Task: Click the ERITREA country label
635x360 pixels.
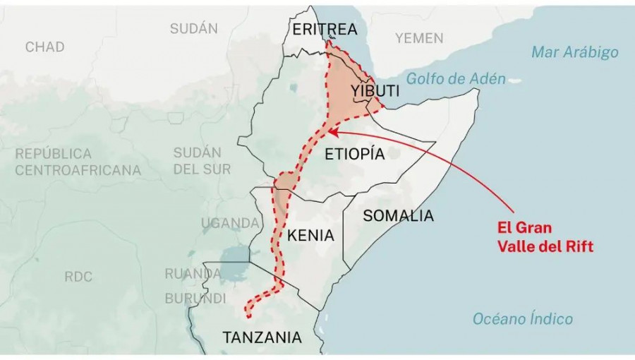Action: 325,29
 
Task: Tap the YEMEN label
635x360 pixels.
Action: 418,38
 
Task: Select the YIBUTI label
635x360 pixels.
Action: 375,91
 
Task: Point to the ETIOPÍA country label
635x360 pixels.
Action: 354,154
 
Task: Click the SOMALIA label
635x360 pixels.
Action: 398,216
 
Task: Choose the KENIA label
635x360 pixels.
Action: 310,236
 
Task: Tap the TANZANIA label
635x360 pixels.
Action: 262,338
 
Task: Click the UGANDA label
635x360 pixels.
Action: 230,224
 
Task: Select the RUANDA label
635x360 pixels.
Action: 193,273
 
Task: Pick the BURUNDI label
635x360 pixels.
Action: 195,299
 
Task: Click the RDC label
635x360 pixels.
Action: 78,277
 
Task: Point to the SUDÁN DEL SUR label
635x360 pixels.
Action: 202,161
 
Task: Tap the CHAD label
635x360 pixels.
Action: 44,47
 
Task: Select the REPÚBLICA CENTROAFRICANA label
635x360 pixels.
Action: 78,162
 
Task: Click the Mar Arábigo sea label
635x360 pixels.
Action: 574,52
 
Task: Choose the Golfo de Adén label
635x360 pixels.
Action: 455,78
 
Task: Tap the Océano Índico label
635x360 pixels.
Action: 523,319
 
